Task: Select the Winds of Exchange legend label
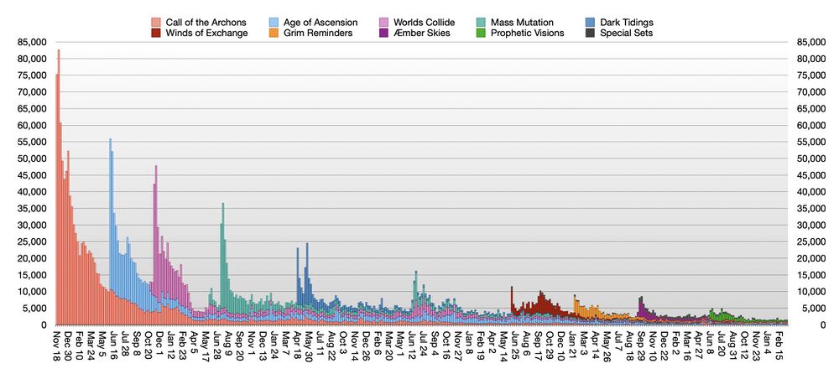click(206, 33)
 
